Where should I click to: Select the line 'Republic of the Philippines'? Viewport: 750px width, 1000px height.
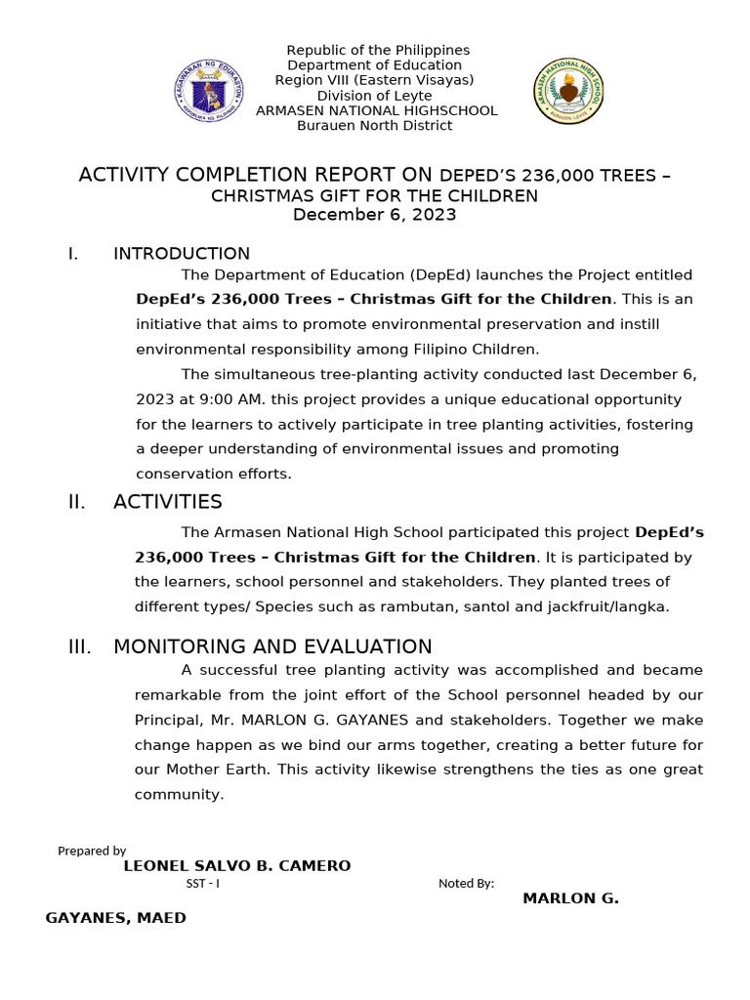coord(377,50)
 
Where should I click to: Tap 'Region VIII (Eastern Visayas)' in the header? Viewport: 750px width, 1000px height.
coord(375,80)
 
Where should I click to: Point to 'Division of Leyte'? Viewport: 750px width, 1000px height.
coord(376,96)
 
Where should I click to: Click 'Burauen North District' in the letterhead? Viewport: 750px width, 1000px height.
coord(375,125)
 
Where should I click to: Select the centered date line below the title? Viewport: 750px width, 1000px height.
coord(375,215)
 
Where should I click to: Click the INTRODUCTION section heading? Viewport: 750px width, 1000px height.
coord(182,254)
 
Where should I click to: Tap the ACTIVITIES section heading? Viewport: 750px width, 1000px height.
coord(168,502)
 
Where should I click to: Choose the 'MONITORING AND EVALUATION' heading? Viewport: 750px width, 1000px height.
coord(272,646)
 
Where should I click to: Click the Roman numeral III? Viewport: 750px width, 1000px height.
coord(79,646)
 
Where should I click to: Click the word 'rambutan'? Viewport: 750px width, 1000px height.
coord(398,605)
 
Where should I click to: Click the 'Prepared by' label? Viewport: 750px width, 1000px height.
coord(92,851)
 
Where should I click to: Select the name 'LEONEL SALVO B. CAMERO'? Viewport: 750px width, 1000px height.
coord(237,866)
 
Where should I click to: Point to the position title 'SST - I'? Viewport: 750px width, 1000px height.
coord(203,884)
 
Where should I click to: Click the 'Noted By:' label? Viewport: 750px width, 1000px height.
coord(466,884)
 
